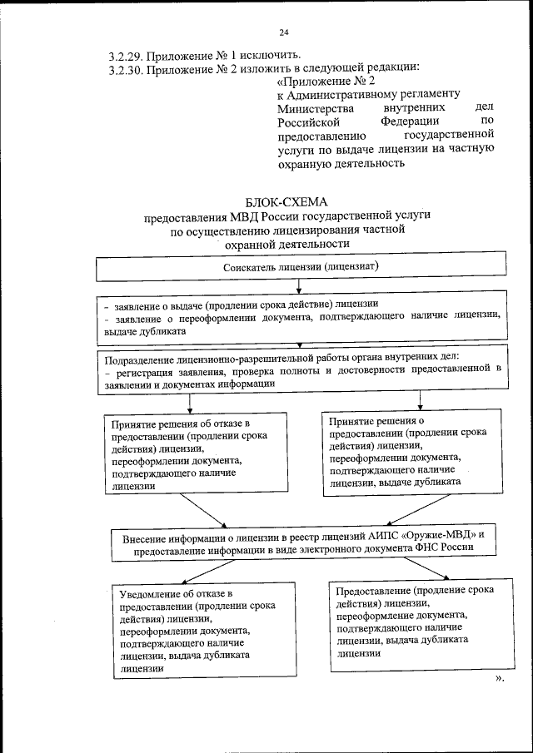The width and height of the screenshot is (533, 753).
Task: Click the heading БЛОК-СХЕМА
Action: [x=287, y=201]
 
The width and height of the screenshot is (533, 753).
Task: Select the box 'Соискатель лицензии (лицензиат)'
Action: [x=300, y=266]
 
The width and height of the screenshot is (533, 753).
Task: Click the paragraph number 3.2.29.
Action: [x=126, y=57]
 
